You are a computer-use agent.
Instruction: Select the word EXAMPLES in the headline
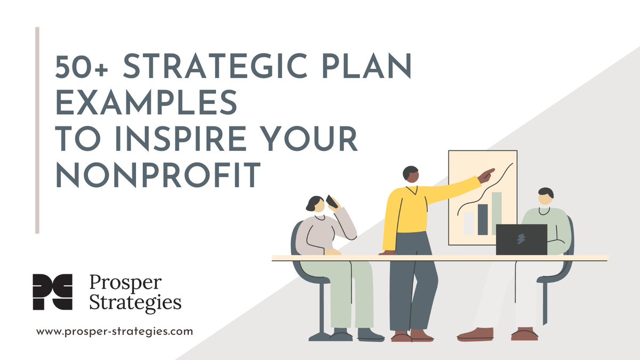pos(146,103)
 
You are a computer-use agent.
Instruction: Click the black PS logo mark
pos(52,292)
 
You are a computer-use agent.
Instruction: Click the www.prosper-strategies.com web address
pos(115,331)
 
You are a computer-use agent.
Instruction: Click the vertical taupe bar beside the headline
pos(37,130)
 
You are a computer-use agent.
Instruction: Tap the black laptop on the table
pos(521,239)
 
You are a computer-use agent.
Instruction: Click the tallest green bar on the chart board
pos(497,213)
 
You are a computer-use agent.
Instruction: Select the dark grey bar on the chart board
pos(483,219)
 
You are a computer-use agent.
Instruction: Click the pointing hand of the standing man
pos(486,175)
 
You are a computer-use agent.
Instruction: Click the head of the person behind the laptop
pos(545,196)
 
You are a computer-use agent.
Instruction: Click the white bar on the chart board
pos(468,223)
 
